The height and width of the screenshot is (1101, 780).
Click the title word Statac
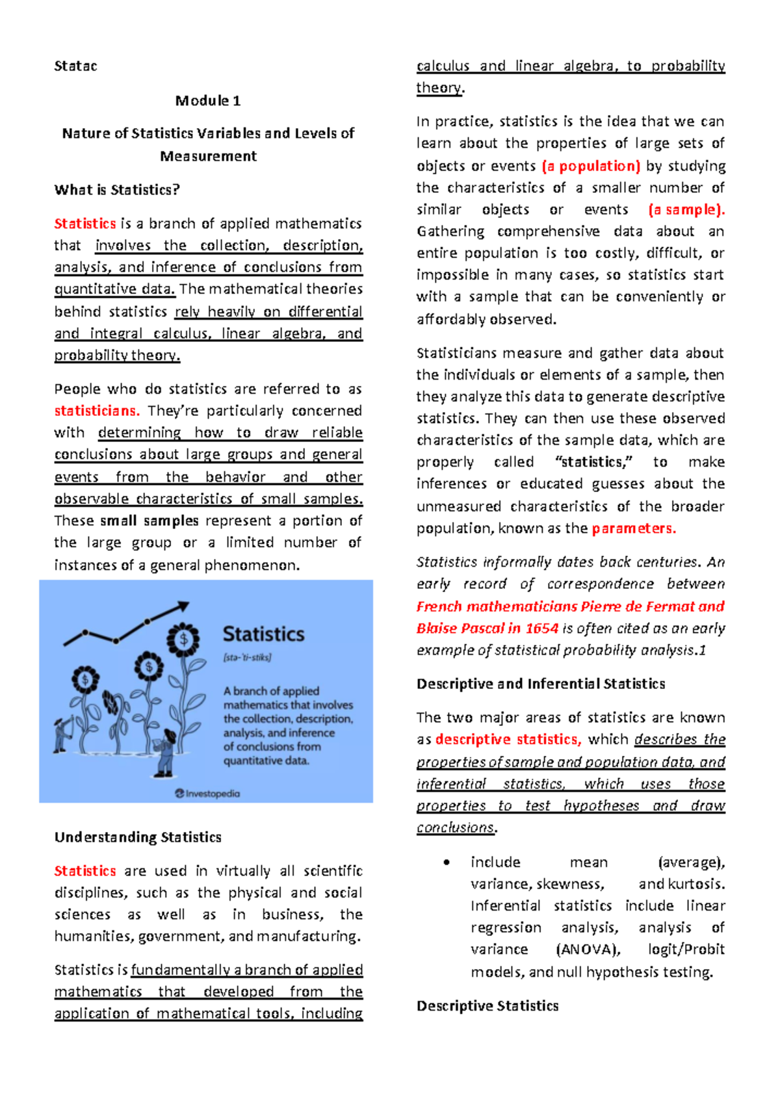(x=75, y=66)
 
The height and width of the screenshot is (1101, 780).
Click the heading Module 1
(x=208, y=101)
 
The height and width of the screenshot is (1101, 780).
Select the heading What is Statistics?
(x=117, y=190)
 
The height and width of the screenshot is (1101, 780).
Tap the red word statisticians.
(x=97, y=411)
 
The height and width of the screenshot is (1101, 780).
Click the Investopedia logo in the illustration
(x=207, y=794)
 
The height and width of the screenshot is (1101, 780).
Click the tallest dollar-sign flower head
(x=183, y=640)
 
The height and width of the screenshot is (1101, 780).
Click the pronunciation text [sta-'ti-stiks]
(x=247, y=657)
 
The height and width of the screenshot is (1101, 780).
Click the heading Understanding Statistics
(x=138, y=837)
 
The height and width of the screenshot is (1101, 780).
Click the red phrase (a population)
(x=591, y=166)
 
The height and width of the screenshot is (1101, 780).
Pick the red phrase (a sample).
(x=686, y=210)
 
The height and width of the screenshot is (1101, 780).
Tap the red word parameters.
(x=634, y=528)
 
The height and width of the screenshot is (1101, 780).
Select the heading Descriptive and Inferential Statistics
(x=541, y=684)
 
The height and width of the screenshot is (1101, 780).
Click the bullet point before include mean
(x=446, y=862)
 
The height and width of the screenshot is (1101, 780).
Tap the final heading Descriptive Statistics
(x=487, y=1006)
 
